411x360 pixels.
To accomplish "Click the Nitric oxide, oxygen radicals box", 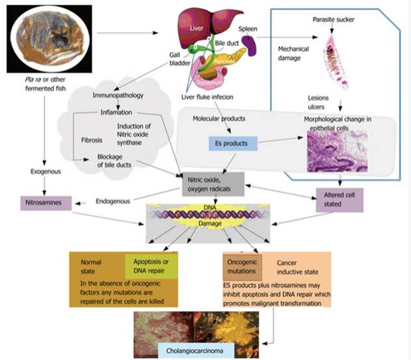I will pos(214,185).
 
